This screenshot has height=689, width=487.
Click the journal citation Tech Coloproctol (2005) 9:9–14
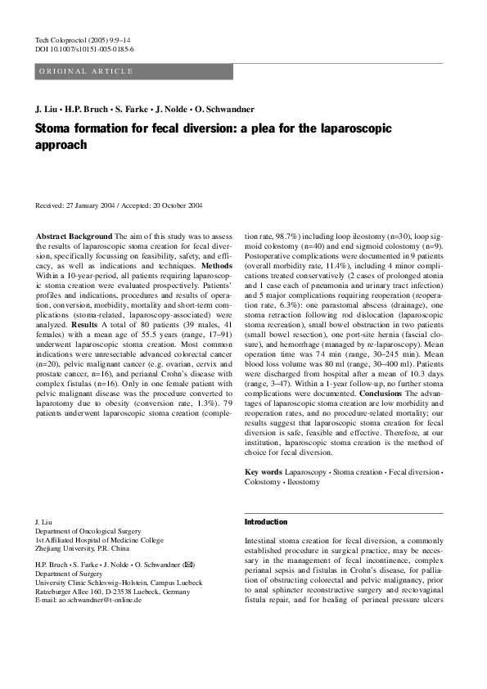click(83, 39)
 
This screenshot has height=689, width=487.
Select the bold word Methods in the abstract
click(217, 266)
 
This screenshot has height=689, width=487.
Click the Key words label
click(264, 472)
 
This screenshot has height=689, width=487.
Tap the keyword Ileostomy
click(304, 483)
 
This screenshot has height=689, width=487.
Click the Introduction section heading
click(266, 522)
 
